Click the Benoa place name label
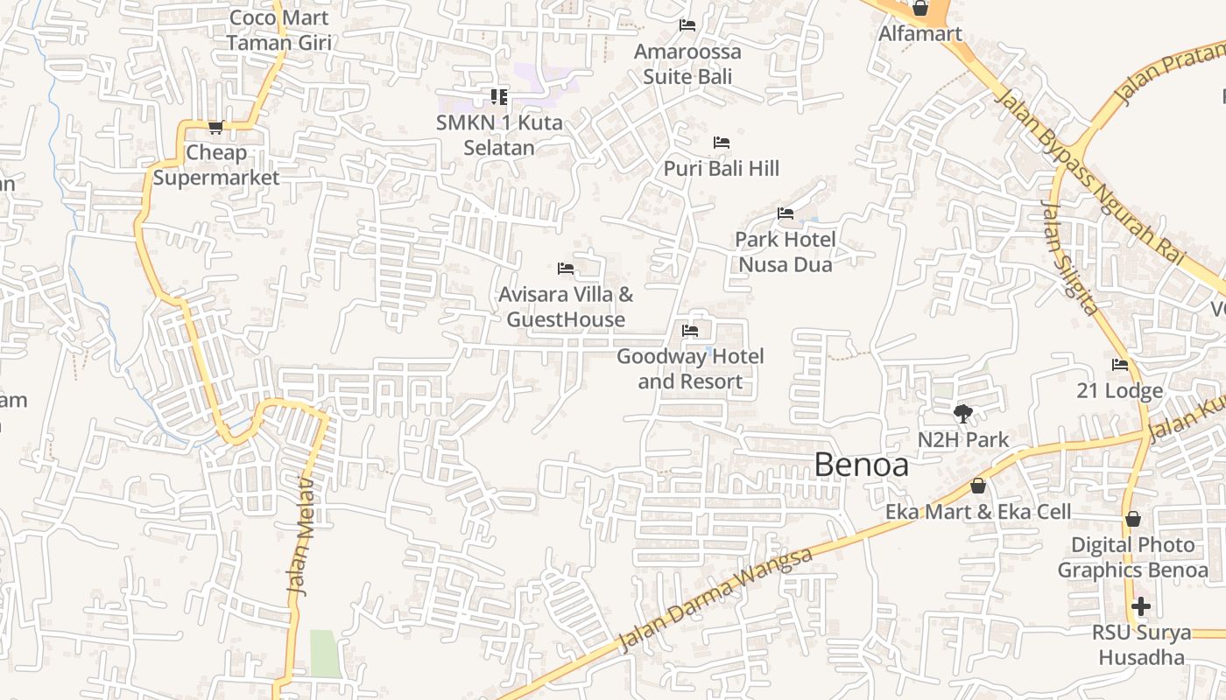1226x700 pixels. coord(861,465)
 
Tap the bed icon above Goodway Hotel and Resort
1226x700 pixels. coord(690,331)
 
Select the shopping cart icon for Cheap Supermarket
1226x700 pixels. coord(215,127)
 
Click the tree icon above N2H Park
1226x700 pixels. coord(963,413)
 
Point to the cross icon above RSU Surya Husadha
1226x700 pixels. coord(1140,605)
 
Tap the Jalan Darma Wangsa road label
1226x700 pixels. coord(715,599)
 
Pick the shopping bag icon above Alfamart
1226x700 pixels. coord(920,9)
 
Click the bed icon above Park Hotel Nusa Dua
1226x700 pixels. coord(786,213)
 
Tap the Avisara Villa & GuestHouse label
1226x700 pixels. coord(566,307)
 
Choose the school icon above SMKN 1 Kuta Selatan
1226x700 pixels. coord(498,97)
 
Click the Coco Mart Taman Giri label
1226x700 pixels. coord(278,30)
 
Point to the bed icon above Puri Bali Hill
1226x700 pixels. coord(722,142)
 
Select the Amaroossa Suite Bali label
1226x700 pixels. coord(687,64)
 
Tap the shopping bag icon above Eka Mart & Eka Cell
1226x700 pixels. coord(978,486)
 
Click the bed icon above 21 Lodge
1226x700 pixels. coord(1120,365)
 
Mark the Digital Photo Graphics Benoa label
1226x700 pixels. coord(1132,557)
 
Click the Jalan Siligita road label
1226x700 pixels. coord(1068,257)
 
